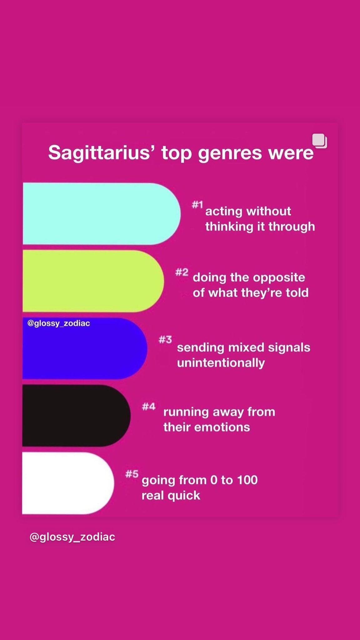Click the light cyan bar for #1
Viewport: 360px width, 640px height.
102,214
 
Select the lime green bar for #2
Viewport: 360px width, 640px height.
93,281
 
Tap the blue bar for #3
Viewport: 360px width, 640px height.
85,348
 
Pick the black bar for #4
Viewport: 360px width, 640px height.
77,416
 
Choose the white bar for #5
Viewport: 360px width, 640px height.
68,483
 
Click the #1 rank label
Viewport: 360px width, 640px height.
197,205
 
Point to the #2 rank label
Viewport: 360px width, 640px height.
182,272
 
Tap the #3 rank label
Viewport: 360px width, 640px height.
165,339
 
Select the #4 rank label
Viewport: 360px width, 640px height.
148,407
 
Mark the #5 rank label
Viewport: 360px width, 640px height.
132,474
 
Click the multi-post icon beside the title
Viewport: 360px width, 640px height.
320,141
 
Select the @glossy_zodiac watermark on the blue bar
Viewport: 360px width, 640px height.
59,323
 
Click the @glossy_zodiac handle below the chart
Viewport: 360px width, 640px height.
72,537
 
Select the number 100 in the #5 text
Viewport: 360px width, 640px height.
247,480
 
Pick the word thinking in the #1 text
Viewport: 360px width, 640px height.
229,227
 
